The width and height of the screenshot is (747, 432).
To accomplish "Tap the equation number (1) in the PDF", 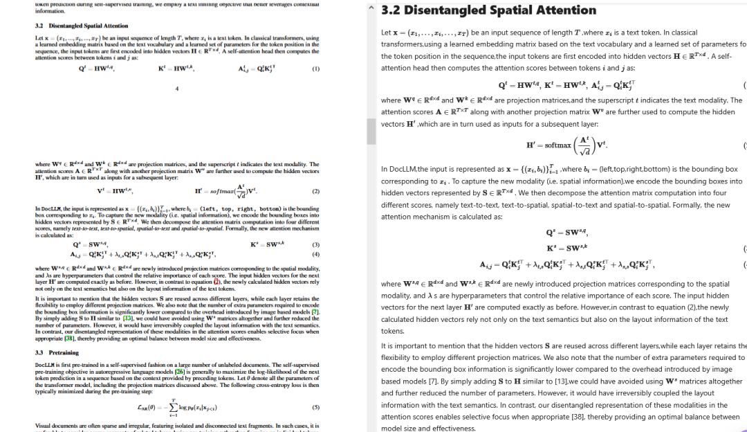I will [x=315, y=69].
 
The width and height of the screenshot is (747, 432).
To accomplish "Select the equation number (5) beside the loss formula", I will [x=315, y=407].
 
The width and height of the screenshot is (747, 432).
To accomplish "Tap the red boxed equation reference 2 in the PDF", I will [x=216, y=282].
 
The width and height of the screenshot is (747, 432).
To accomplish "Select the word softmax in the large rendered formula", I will [x=558, y=145].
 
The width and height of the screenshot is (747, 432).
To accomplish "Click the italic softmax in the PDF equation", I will [x=213, y=191].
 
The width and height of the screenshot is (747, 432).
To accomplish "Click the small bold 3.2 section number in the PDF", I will [x=39, y=26].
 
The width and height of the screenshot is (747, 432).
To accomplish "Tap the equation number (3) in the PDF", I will [x=315, y=244].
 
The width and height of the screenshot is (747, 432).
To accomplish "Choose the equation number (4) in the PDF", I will [x=315, y=254].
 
